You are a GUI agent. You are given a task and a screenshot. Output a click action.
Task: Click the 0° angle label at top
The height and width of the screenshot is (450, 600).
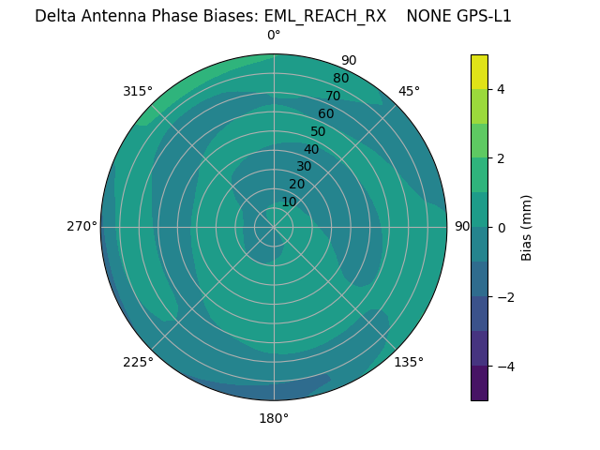[274, 36]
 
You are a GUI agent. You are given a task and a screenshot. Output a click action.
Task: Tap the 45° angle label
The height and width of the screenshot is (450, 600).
[409, 91]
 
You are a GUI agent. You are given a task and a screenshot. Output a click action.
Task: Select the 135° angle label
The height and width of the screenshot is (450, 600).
[409, 362]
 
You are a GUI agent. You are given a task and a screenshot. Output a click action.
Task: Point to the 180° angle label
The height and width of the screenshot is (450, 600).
[274, 418]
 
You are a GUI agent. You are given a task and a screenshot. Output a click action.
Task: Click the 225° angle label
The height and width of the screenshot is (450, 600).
[138, 362]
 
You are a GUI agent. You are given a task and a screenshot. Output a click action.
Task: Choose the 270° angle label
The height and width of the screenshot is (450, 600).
[82, 226]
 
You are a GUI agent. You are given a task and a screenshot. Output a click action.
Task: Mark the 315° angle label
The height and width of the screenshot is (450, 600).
[138, 91]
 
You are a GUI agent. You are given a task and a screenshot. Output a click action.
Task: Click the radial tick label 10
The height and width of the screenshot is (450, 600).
[289, 202]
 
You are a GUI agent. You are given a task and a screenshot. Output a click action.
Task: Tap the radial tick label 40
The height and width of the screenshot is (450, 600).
[311, 149]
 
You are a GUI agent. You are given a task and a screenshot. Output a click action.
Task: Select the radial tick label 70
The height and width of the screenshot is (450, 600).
[333, 96]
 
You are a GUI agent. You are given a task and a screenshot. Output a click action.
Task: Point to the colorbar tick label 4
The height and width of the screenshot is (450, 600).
[502, 89]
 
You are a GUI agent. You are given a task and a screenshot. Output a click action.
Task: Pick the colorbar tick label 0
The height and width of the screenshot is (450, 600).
[502, 227]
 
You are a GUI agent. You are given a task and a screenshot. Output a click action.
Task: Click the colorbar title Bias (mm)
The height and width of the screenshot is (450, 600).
[527, 227]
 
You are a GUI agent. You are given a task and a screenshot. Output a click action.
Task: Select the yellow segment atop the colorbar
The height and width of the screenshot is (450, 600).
[479, 71]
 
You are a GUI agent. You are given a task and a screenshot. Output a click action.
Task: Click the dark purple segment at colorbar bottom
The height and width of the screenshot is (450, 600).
[479, 383]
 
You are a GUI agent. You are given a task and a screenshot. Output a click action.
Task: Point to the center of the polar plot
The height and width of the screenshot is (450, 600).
[274, 227]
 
